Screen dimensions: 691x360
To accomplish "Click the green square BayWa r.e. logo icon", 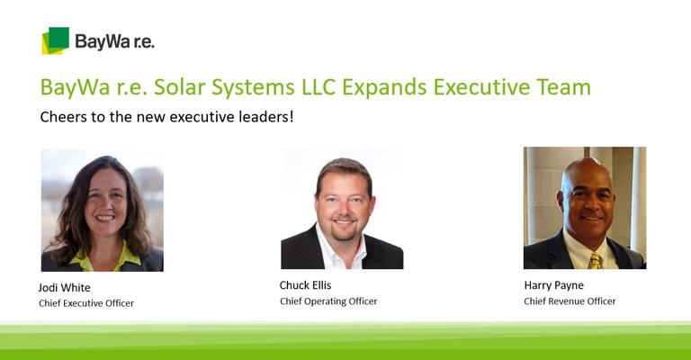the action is pos(56,40).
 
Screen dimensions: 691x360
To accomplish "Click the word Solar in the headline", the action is pos(179,86).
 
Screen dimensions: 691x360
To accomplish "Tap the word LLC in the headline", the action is pos(319,86).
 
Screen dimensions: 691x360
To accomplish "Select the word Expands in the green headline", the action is pos(384,87).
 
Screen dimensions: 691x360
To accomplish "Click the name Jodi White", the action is pos(65,288).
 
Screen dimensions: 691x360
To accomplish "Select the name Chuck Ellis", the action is pos(305,285).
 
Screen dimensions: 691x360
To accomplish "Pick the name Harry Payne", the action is pos(554,285).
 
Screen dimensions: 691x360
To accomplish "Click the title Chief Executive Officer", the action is pos(86,303).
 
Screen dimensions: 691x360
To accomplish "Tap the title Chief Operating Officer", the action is pos(328,301).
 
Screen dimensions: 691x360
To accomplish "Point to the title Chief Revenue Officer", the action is pos(570,301).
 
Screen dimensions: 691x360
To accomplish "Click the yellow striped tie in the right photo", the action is pos(596,261).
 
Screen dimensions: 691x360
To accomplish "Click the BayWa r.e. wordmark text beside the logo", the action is pos(114,42).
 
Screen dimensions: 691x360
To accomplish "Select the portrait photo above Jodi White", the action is pos(103,210).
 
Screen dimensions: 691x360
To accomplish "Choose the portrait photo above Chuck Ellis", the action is pos(342,208).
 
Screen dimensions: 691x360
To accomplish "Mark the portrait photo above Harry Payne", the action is pos(585,208).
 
